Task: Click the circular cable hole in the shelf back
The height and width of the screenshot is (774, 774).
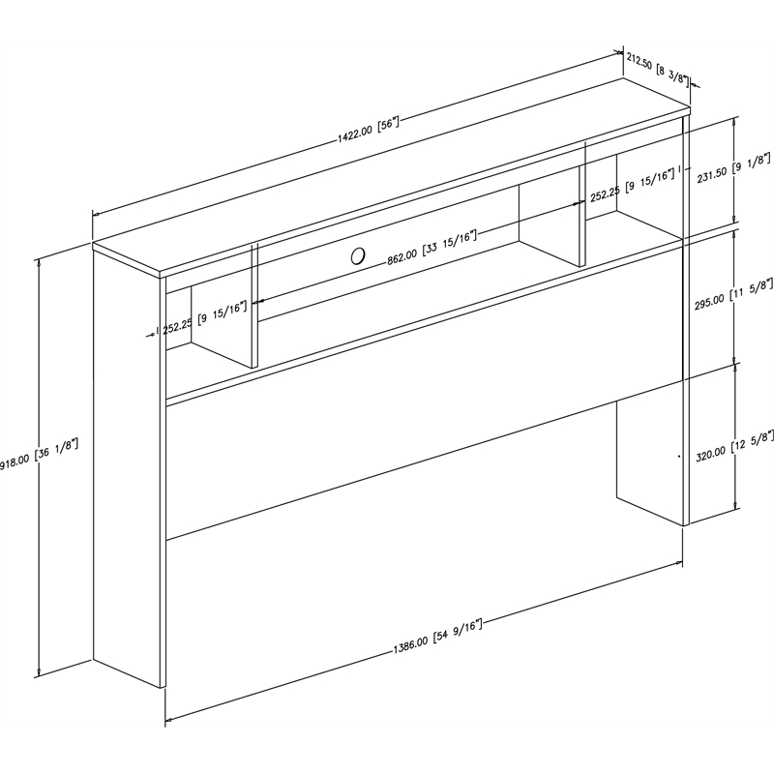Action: click(x=357, y=256)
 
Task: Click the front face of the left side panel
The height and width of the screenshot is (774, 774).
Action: click(x=128, y=464)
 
